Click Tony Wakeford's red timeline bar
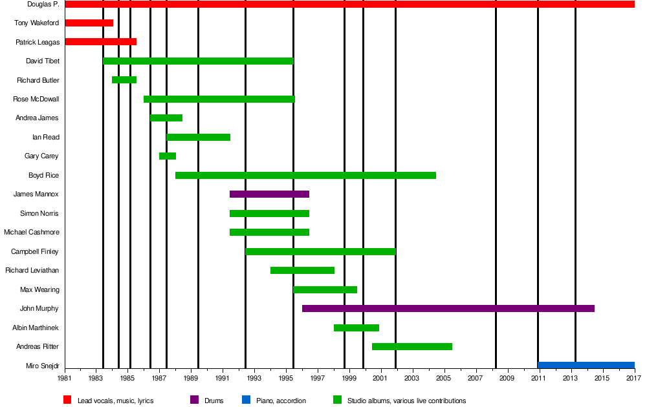[x=89, y=23]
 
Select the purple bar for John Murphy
[x=448, y=309]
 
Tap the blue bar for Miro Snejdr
[x=586, y=366]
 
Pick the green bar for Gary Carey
[x=168, y=156]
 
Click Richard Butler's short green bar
[x=124, y=80]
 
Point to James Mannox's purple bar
[x=269, y=194]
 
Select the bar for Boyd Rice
[x=305, y=176]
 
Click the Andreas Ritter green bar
[x=411, y=347]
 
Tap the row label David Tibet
[x=43, y=61]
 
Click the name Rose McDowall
[x=36, y=99]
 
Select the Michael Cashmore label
[x=32, y=233]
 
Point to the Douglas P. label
[x=43, y=5]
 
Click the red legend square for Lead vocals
[x=67, y=401]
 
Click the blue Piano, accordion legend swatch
[x=246, y=401]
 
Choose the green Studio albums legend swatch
[x=337, y=401]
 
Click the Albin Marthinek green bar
[x=356, y=328]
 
